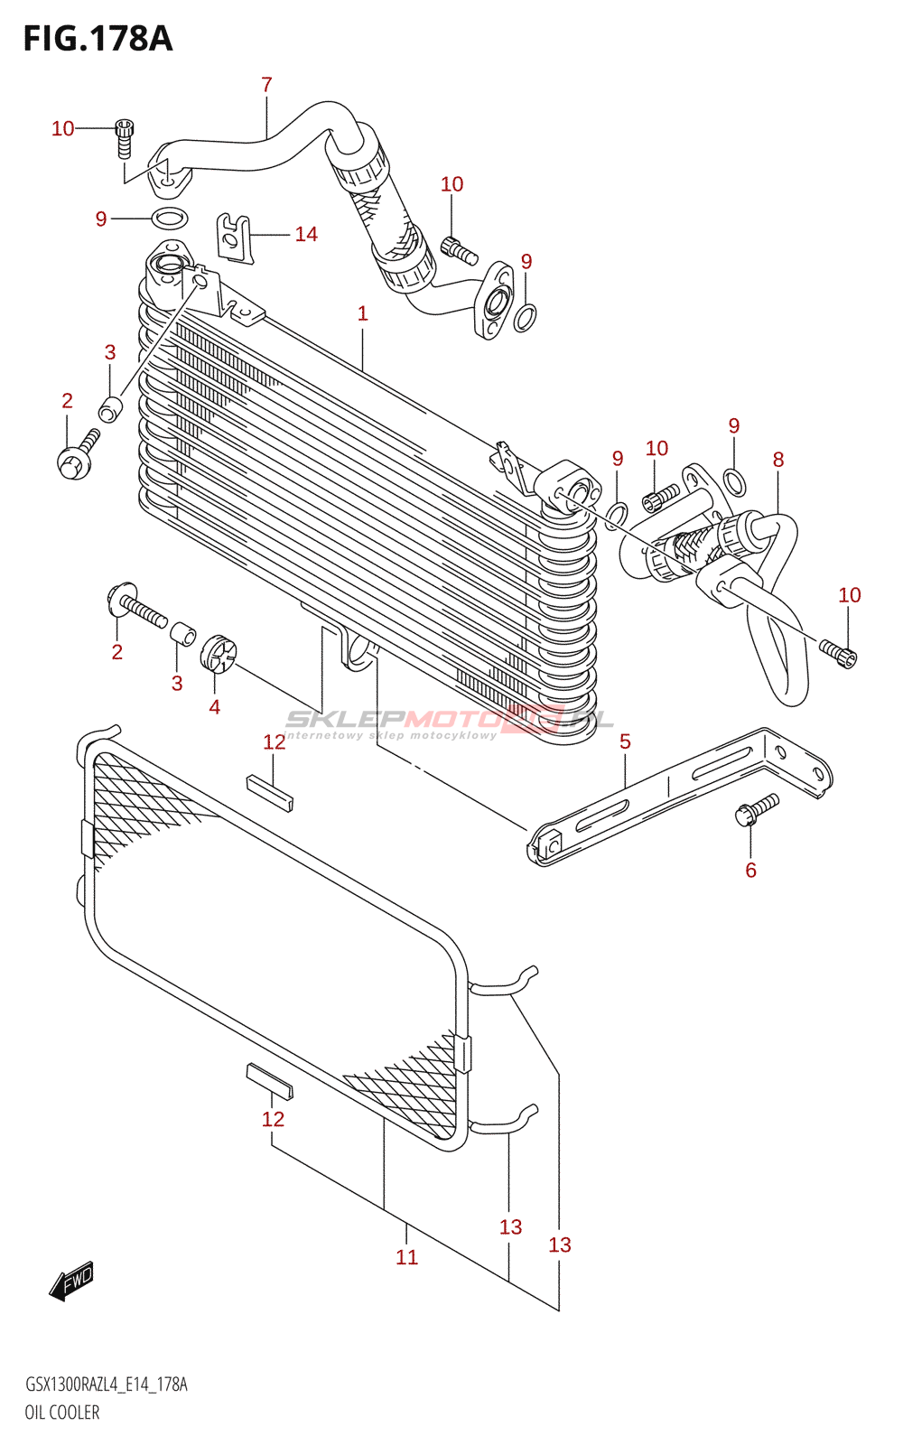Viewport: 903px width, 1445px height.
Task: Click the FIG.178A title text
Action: coord(98,39)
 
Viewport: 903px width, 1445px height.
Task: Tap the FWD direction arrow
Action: coord(71,1281)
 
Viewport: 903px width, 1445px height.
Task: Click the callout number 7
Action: coord(266,85)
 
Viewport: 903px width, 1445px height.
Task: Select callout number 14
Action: coord(306,235)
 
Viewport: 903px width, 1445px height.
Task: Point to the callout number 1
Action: coord(362,313)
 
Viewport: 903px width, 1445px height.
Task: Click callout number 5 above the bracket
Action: coord(625,741)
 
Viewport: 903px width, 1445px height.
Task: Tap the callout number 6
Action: coord(750,870)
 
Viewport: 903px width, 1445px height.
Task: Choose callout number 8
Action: coord(778,460)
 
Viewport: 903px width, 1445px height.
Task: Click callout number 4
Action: coord(214,706)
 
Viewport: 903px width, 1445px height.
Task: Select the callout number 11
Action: coord(406,1257)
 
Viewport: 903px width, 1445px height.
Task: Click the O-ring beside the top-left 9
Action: coord(170,218)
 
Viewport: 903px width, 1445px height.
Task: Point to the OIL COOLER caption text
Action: coord(62,1412)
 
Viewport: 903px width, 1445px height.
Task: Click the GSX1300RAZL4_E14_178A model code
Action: coord(107,1384)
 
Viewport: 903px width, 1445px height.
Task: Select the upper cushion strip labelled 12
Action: coord(270,792)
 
